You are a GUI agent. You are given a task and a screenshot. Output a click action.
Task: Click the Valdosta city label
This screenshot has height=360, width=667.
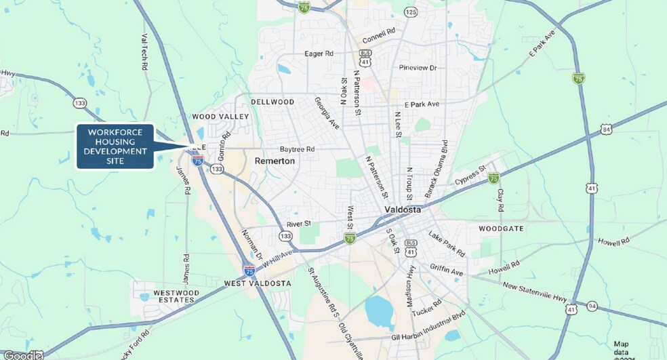[403, 209]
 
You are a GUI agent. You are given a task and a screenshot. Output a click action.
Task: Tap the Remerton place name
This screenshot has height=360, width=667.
[275, 161]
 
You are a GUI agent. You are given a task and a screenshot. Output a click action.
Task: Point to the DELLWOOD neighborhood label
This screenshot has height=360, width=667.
[272, 102]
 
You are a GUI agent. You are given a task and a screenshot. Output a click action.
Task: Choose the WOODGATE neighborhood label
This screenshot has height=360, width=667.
[501, 228]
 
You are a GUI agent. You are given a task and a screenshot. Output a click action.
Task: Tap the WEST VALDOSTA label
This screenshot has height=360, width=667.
[258, 283]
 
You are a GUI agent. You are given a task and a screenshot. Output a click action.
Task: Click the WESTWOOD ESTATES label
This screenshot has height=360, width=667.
[176, 296]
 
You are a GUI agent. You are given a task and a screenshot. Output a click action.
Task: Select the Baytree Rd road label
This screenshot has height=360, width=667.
[298, 149]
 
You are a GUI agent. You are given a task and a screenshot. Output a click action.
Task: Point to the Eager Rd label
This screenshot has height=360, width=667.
[319, 53]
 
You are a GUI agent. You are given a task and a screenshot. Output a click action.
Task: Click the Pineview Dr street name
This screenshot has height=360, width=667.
[418, 68]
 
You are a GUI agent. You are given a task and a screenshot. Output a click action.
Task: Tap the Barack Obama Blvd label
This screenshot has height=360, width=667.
[437, 169]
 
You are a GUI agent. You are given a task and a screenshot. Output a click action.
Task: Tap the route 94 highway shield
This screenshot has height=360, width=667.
[592, 306]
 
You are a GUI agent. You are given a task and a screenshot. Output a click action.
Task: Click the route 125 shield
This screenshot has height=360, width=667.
[411, 12]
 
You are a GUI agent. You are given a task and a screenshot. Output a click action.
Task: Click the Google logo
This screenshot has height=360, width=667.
[22, 355]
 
